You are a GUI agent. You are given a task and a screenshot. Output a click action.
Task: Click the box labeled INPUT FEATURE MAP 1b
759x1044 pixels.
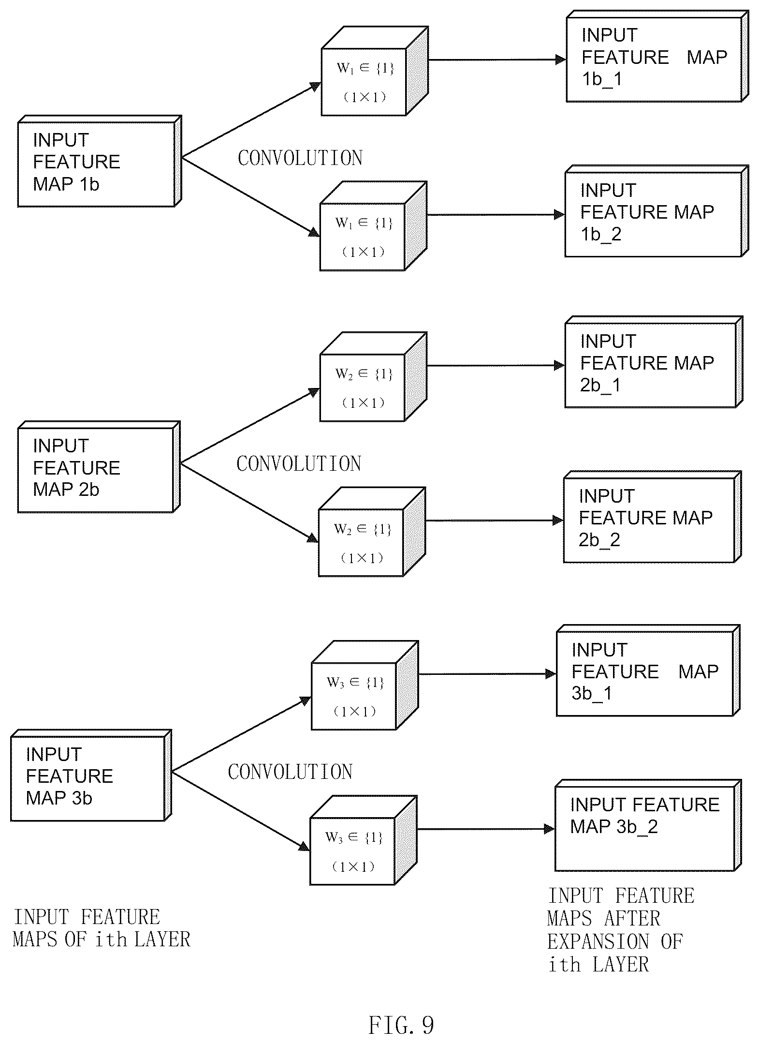pyautogui.click(x=100, y=161)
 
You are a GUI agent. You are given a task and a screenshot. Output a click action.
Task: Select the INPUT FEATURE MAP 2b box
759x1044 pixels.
pyautogui.click(x=99, y=467)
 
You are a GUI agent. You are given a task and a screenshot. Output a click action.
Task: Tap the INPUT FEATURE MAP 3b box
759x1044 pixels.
pyautogui.click(x=91, y=775)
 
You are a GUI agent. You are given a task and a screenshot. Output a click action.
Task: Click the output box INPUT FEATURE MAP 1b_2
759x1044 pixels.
pyautogui.click(x=657, y=211)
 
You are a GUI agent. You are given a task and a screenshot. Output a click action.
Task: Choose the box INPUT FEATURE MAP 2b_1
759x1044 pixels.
pyautogui.click(x=654, y=362)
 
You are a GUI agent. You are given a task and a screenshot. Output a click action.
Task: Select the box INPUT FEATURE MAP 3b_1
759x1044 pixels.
pyautogui.click(x=648, y=671)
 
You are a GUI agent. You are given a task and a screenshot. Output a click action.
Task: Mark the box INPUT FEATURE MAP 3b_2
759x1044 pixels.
pyautogui.click(x=648, y=825)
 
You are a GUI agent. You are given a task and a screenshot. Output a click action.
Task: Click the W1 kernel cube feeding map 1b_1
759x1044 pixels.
pyautogui.click(x=375, y=71)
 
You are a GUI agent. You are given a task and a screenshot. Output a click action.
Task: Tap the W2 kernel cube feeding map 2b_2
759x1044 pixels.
pyautogui.click(x=372, y=532)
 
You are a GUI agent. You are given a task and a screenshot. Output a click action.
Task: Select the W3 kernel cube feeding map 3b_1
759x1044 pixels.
pyautogui.click(x=365, y=686)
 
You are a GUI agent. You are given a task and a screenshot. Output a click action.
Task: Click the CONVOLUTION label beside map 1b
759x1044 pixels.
pyautogui.click(x=300, y=158)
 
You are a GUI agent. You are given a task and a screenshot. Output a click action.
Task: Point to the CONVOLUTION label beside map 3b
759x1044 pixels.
pyautogui.click(x=290, y=772)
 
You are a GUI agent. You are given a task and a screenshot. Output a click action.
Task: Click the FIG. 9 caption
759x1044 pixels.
pyautogui.click(x=401, y=1025)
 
